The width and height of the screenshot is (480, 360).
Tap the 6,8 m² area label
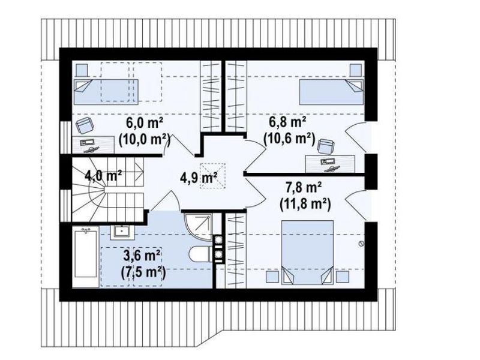[287, 122]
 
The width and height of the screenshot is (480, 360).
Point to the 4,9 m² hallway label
[199, 178]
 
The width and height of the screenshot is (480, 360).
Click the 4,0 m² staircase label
[103, 176]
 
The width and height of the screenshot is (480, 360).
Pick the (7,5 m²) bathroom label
[142, 272]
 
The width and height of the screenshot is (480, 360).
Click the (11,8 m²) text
[305, 204]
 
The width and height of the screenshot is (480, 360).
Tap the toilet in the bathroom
[200, 254]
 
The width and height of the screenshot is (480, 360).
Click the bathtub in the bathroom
[86, 257]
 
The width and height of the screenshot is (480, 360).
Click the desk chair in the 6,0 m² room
[84, 125]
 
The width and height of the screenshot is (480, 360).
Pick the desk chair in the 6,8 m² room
[326, 146]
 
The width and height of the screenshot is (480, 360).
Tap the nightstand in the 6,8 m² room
[356, 70]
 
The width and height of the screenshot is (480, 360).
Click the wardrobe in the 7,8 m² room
[236, 251]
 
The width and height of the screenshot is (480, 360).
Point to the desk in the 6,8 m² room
[331, 164]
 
